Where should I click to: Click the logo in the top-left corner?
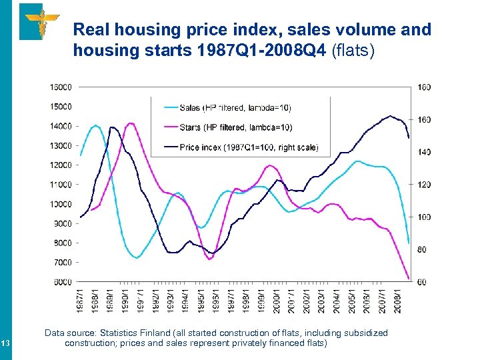click(x=39, y=21)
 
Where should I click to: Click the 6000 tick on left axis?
click(x=62, y=282)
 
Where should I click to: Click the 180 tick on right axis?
click(x=424, y=87)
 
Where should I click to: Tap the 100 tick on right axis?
click(x=424, y=217)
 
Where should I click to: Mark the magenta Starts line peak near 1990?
click(x=131, y=123)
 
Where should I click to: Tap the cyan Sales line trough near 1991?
click(x=137, y=257)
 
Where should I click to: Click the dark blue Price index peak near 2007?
click(x=391, y=116)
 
